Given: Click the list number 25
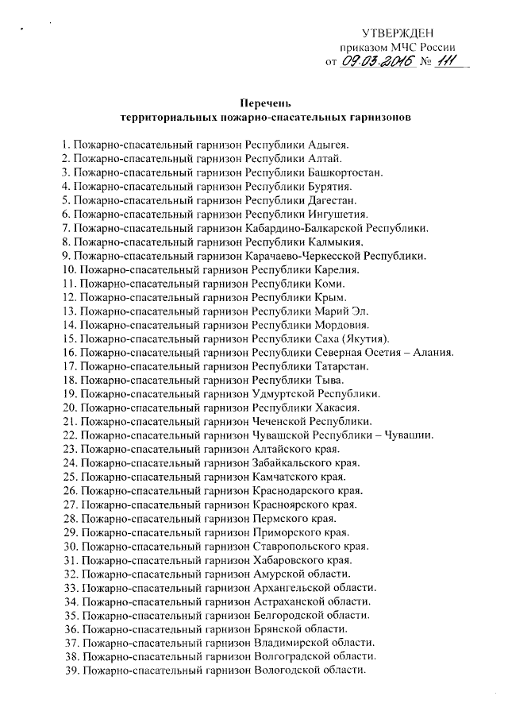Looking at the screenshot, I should (68, 477).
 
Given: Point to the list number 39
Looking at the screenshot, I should (68, 669).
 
